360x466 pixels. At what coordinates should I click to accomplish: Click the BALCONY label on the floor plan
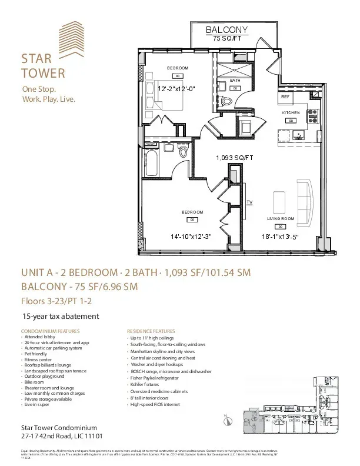(x=226, y=29)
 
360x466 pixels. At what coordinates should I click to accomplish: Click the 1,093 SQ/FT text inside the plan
(x=234, y=158)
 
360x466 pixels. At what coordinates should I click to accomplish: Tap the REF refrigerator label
(x=285, y=96)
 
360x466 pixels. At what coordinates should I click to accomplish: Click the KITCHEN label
(x=291, y=112)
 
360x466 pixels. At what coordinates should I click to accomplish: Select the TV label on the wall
(x=249, y=202)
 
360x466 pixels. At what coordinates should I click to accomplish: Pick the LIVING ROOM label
(x=281, y=218)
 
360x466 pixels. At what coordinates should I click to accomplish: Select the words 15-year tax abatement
(x=61, y=316)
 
